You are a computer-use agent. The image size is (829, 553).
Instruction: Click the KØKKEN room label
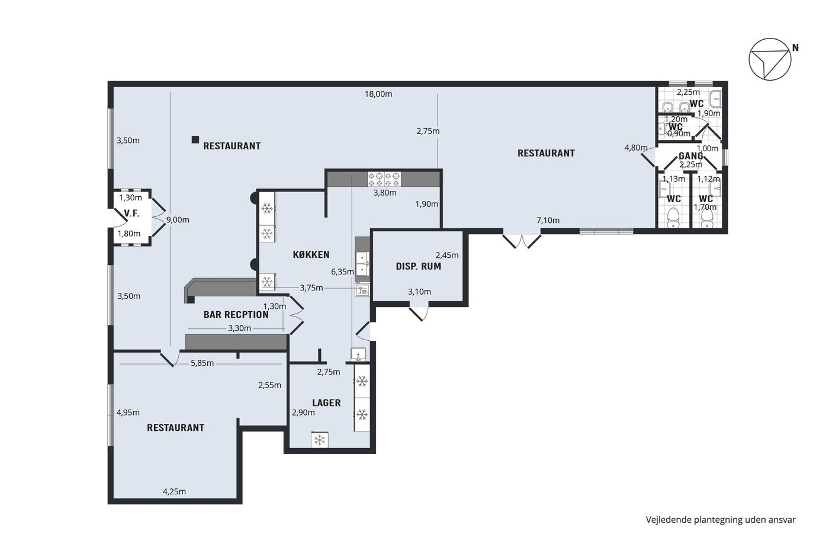click(311, 255)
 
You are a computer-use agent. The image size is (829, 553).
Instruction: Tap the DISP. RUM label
click(419, 266)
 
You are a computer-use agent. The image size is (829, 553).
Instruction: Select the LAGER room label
click(326, 403)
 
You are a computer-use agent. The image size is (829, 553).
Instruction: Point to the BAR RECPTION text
click(236, 315)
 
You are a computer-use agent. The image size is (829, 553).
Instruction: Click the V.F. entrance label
click(131, 213)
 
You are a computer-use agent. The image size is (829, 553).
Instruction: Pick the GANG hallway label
click(690, 156)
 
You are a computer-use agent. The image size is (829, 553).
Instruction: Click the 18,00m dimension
click(378, 94)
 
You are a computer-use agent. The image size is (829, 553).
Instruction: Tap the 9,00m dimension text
click(178, 220)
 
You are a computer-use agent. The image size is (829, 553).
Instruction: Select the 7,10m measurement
click(548, 220)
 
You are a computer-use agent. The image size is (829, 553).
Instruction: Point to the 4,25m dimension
click(174, 491)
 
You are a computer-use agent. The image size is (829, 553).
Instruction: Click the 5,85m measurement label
click(202, 363)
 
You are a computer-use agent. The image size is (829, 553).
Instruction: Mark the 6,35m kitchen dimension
click(343, 272)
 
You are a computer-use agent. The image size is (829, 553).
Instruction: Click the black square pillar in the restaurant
click(195, 140)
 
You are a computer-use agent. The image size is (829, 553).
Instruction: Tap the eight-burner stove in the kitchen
click(384, 179)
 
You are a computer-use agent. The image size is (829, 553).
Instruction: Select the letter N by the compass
click(795, 48)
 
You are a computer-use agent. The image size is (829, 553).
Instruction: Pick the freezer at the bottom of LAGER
click(319, 440)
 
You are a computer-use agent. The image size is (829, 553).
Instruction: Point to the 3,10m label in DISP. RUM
click(420, 292)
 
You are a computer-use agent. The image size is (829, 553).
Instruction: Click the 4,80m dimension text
click(636, 148)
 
